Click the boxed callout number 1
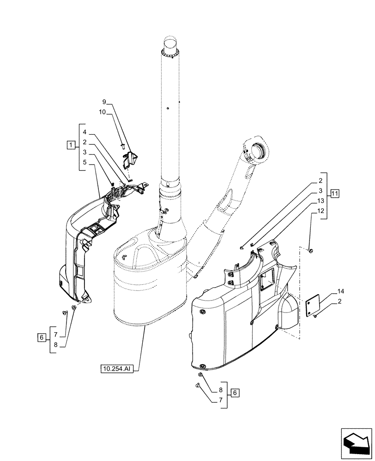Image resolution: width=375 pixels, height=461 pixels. [70, 146]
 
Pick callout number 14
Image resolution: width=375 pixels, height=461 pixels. [340, 291]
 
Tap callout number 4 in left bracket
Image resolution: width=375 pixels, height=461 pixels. [85, 132]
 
